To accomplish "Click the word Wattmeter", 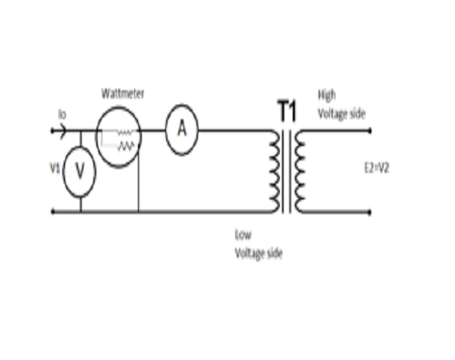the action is [x=123, y=94].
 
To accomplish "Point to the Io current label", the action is [x=62, y=114].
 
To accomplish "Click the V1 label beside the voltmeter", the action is [x=55, y=168].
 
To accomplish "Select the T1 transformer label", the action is [x=287, y=111].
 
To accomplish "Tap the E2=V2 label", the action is [x=377, y=168].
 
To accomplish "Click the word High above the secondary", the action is [x=327, y=95].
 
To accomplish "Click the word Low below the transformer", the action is [x=243, y=235].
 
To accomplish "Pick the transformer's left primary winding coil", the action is [x=275, y=171].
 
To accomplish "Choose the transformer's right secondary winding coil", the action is [x=300, y=171].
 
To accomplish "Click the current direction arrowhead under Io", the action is [x=63, y=131].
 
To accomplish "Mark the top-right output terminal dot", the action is [x=369, y=131].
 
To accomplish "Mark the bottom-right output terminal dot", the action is [x=369, y=212].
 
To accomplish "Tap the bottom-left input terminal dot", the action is [x=52, y=212].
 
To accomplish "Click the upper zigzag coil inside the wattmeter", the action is [x=125, y=133].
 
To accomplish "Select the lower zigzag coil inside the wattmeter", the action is [x=126, y=146].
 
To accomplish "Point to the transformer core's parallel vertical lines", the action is [x=287, y=171].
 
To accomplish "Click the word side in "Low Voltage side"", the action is [x=275, y=253].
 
